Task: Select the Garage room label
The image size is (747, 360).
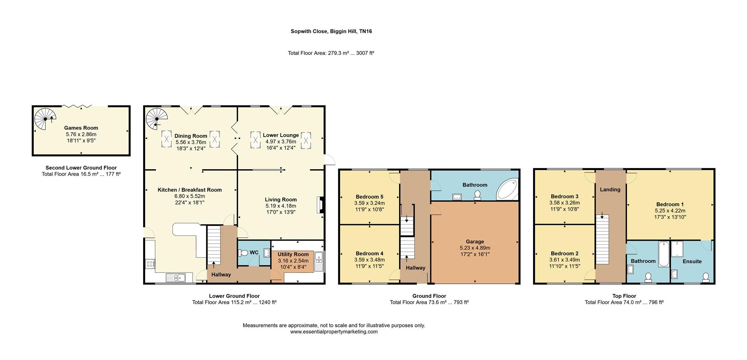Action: [475, 242]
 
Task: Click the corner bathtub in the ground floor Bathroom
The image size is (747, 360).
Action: [508, 190]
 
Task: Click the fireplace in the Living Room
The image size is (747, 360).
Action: [320, 205]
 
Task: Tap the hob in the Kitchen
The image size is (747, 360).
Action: [150, 264]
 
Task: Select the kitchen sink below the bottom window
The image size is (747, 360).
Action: [176, 277]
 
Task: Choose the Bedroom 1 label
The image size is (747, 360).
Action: [670, 204]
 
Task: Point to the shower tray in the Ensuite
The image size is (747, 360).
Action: [677, 249]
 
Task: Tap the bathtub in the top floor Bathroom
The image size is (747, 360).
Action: [663, 254]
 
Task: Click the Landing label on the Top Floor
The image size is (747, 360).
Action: [610, 190]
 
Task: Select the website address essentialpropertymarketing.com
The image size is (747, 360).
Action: [334, 332]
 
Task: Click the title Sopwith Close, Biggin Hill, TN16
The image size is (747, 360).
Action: [331, 31]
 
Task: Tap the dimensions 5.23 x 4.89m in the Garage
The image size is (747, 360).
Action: [475, 248]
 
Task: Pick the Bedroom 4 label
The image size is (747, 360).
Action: [369, 253]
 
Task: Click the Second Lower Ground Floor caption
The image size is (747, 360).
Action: [81, 168]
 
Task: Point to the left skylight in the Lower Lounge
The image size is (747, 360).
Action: [255, 140]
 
